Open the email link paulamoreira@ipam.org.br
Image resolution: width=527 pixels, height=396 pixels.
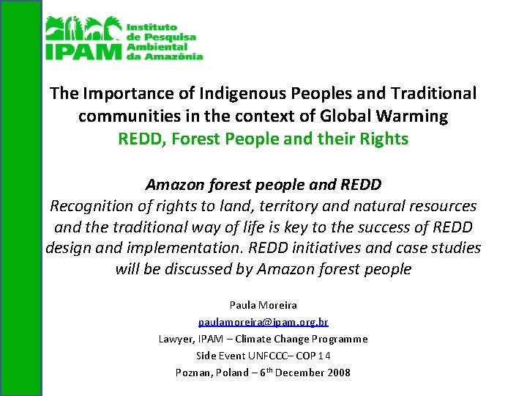coord(263,322)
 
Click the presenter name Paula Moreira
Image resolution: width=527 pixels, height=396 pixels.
coord(263,305)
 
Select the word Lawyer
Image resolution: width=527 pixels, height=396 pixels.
coord(176,339)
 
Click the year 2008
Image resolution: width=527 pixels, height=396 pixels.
coord(337,373)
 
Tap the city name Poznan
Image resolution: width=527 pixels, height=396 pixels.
coord(194,373)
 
